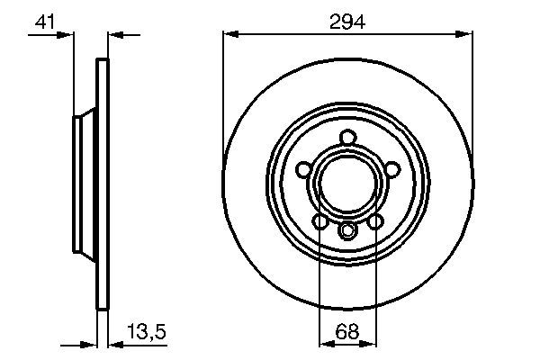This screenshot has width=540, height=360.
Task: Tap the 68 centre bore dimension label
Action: click(x=346, y=332)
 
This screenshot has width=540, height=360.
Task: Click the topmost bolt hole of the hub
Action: click(x=347, y=139)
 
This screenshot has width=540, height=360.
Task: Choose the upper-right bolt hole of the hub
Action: click(x=389, y=168)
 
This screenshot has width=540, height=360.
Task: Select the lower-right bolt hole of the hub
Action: click(x=373, y=219)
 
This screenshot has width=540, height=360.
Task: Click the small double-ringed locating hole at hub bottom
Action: click(x=347, y=231)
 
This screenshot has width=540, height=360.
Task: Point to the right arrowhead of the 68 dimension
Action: click(x=369, y=344)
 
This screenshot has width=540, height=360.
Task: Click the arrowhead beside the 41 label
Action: click(x=67, y=35)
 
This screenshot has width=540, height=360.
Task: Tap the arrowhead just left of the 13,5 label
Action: click(x=113, y=344)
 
